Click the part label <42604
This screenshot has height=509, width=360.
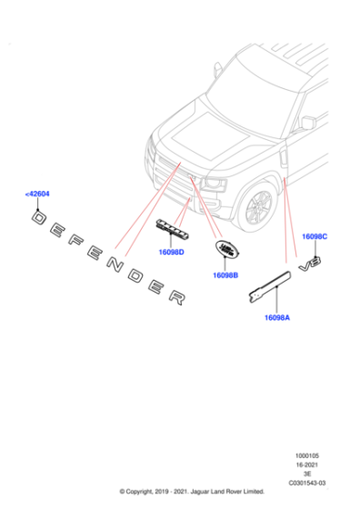[39, 194]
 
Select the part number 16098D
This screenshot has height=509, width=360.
[171, 252]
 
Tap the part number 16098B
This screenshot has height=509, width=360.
[225, 274]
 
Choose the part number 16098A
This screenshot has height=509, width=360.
[277, 316]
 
